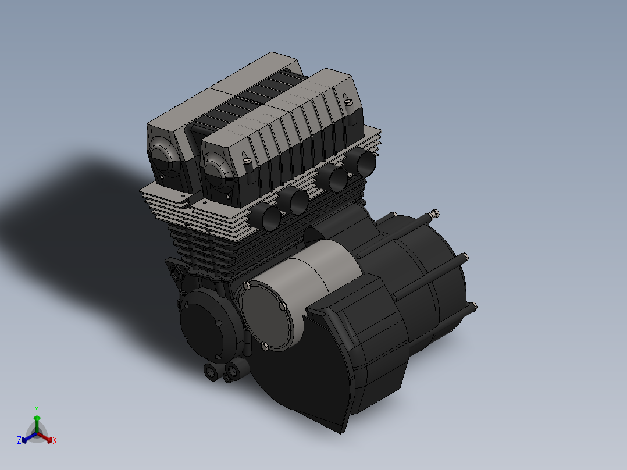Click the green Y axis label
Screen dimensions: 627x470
pyautogui.click(x=37, y=410)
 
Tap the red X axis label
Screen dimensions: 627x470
pyautogui.click(x=55, y=440)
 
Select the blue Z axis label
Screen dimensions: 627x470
pyautogui.click(x=19, y=440)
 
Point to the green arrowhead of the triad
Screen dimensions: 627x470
pyautogui.click(x=37, y=418)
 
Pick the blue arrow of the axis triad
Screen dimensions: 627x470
pyautogui.click(x=29, y=437)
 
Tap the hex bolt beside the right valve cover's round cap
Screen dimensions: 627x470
pyautogui.click(x=247, y=161)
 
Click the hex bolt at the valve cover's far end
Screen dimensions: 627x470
pyautogui.click(x=348, y=102)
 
